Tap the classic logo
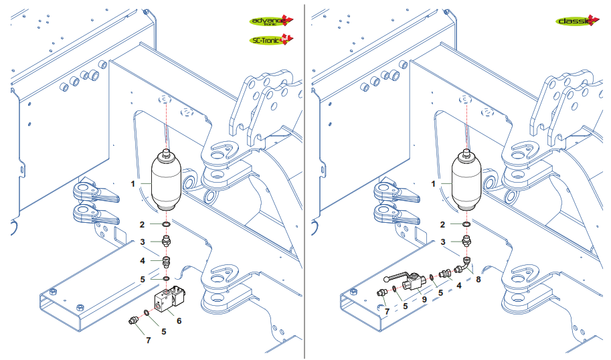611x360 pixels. pyautogui.click(x=576, y=21)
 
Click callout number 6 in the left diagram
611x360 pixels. pyautogui.click(x=179, y=321)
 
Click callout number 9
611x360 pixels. pyautogui.click(x=424, y=300)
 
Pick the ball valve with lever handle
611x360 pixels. pyautogui.click(x=409, y=281)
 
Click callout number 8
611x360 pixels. pyautogui.click(x=478, y=280)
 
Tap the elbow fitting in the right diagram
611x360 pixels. pyautogui.click(x=462, y=266)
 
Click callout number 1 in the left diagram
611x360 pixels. pyautogui.click(x=133, y=183)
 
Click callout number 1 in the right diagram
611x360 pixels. pyautogui.click(x=434, y=183)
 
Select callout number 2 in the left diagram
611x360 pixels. pyautogui.click(x=142, y=224)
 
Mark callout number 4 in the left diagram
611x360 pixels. pyautogui.click(x=142, y=260)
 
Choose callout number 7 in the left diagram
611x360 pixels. pyautogui.click(x=148, y=340)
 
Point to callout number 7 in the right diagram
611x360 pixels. pyautogui.click(x=386, y=310)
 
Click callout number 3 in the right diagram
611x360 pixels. pyautogui.click(x=442, y=242)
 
